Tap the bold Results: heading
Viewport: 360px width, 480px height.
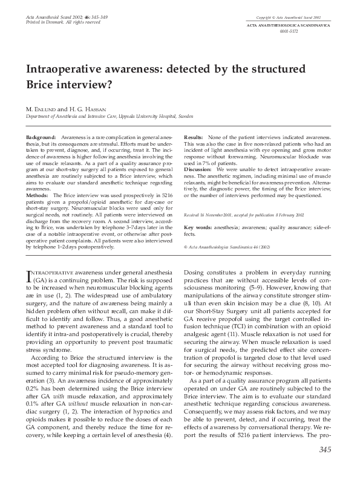(x=194, y=138)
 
